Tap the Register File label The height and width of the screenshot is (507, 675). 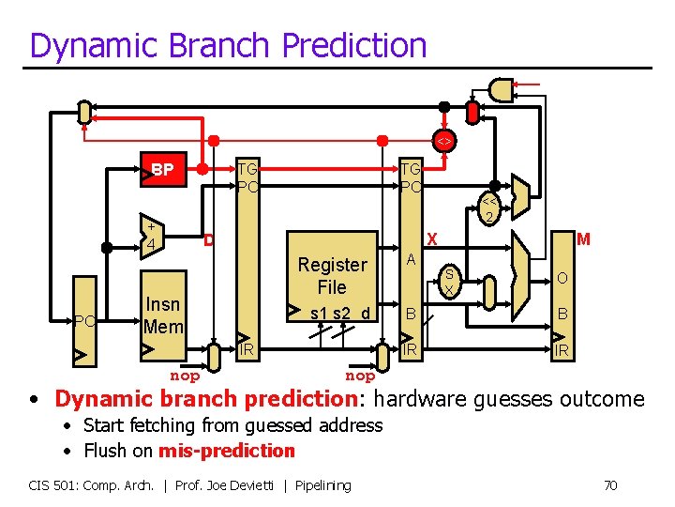tap(332, 276)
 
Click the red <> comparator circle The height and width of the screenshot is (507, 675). tap(444, 141)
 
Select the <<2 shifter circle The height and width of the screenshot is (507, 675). tap(489, 209)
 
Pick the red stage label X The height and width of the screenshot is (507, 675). tap(432, 239)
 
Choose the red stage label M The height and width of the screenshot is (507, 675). tap(583, 239)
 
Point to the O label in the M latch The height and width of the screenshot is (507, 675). tap(561, 278)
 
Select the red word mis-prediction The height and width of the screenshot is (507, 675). tap(226, 451)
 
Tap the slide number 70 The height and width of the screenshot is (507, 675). tap(609, 485)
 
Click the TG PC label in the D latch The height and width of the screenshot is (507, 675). tap(247, 177)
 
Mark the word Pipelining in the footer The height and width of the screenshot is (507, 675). tap(322, 485)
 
